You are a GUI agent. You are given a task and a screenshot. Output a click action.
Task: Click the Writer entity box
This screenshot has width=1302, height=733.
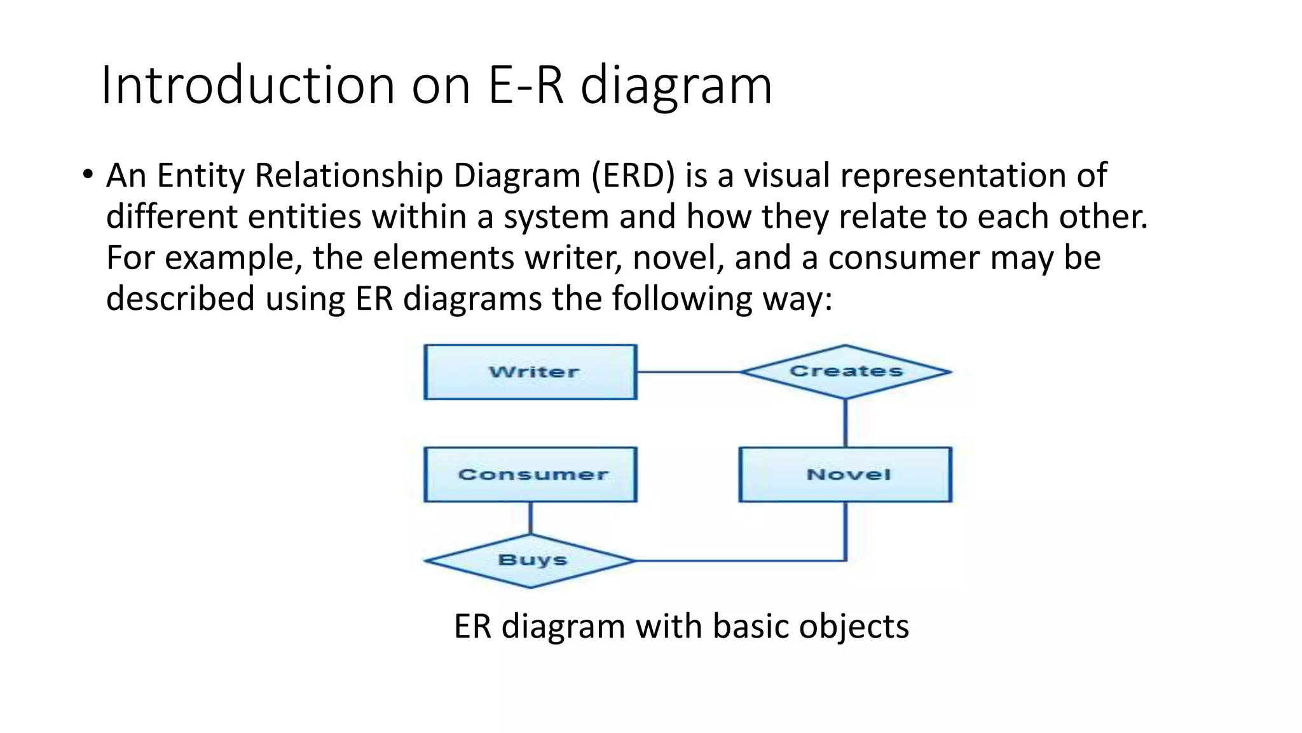(530, 372)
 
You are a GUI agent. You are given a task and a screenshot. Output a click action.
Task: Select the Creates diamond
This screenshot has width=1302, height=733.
(845, 372)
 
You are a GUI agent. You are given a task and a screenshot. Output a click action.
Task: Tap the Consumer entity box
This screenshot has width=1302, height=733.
(530, 475)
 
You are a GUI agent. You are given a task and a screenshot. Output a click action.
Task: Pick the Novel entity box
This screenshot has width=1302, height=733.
(845, 475)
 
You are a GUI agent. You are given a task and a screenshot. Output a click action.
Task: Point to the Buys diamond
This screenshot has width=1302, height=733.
(530, 561)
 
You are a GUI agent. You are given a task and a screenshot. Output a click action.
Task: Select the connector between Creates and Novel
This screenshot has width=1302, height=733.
(845, 423)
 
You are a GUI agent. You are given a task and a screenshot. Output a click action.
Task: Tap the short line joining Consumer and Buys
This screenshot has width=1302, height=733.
(530, 518)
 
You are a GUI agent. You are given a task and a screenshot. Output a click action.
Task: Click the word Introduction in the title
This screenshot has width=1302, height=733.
(248, 85)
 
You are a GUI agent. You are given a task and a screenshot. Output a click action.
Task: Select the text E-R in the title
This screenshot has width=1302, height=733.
(526, 85)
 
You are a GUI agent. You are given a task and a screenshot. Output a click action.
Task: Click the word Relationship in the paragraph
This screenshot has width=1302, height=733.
(348, 176)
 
